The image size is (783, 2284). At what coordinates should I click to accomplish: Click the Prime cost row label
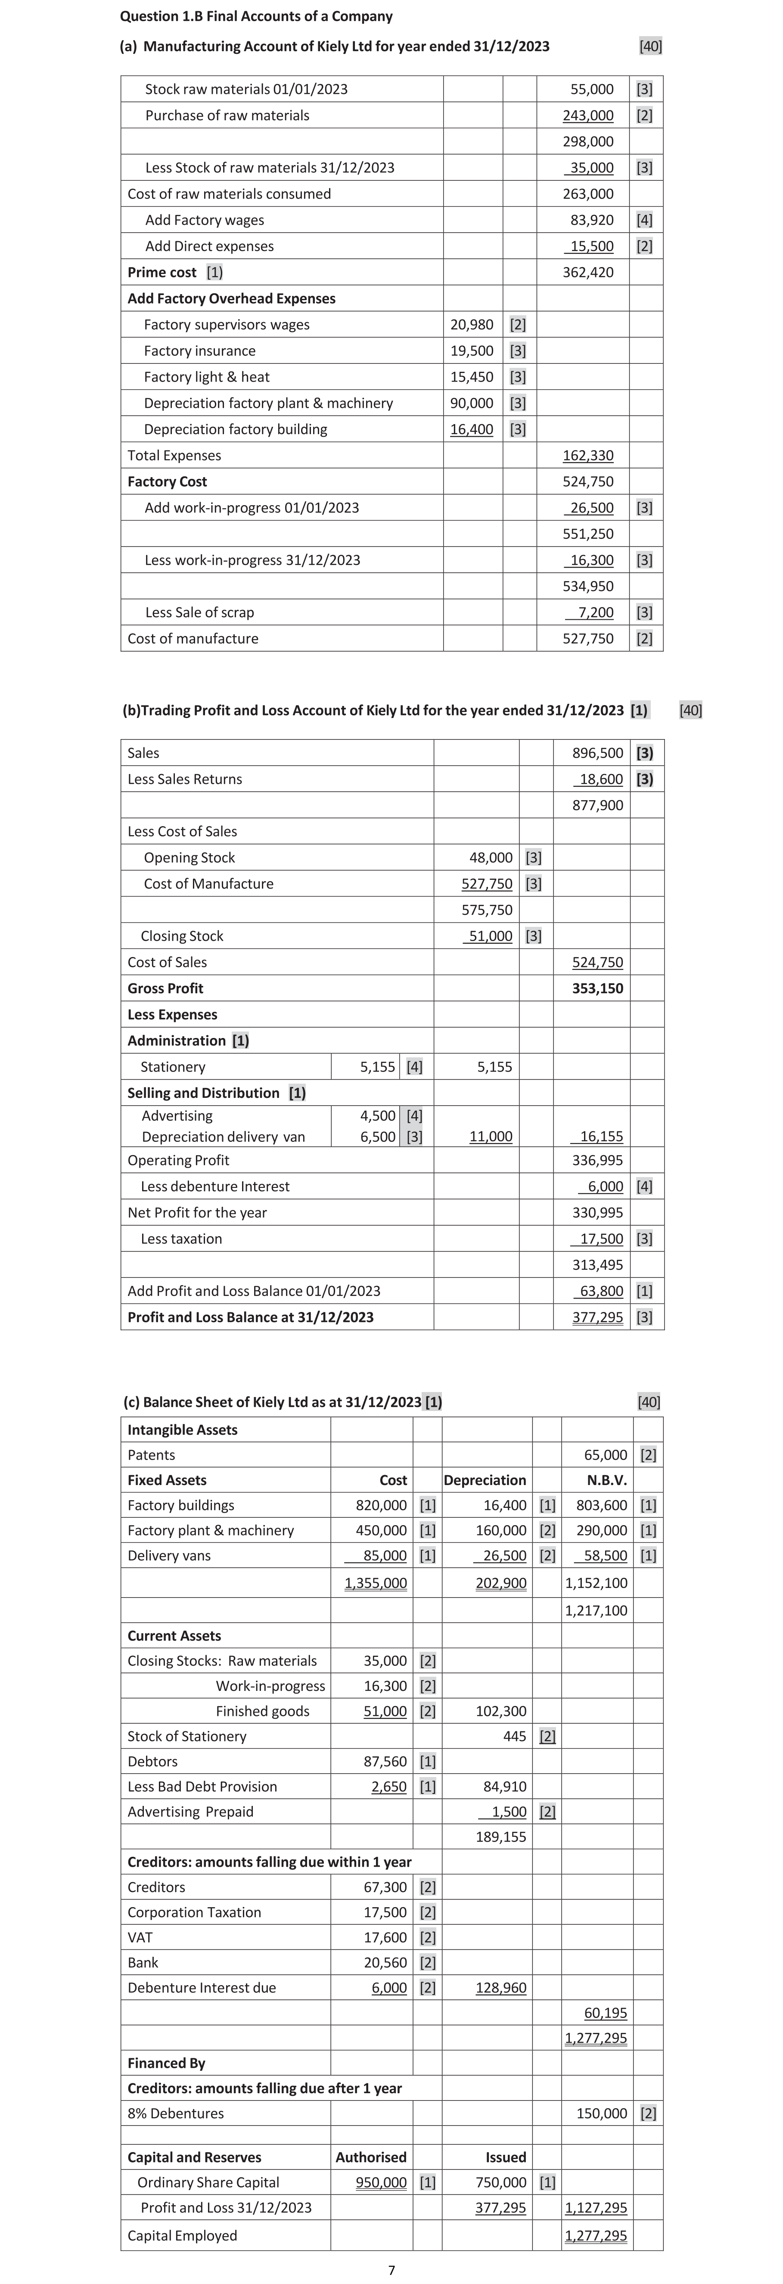pyautogui.click(x=162, y=272)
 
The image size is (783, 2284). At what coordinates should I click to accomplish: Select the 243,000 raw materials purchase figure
pyautogui.click(x=588, y=115)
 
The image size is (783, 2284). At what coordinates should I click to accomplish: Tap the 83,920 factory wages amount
pyautogui.click(x=591, y=220)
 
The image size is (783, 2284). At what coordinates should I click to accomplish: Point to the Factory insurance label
pyautogui.click(x=199, y=351)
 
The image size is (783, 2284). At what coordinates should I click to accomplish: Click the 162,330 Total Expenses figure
pyautogui.click(x=588, y=456)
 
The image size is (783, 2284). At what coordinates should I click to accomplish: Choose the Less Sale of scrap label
pyautogui.click(x=199, y=613)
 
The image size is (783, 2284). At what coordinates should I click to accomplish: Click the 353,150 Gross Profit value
pyautogui.click(x=598, y=988)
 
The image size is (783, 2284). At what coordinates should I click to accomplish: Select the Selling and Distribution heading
pyautogui.click(x=203, y=1093)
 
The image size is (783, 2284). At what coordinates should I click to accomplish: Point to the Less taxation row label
pyautogui.click(x=181, y=1240)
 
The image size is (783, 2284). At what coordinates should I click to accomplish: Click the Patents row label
pyautogui.click(x=152, y=1455)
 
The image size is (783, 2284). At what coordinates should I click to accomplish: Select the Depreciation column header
pyautogui.click(x=485, y=1481)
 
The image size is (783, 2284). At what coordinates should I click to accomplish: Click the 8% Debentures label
pyautogui.click(x=176, y=2114)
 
